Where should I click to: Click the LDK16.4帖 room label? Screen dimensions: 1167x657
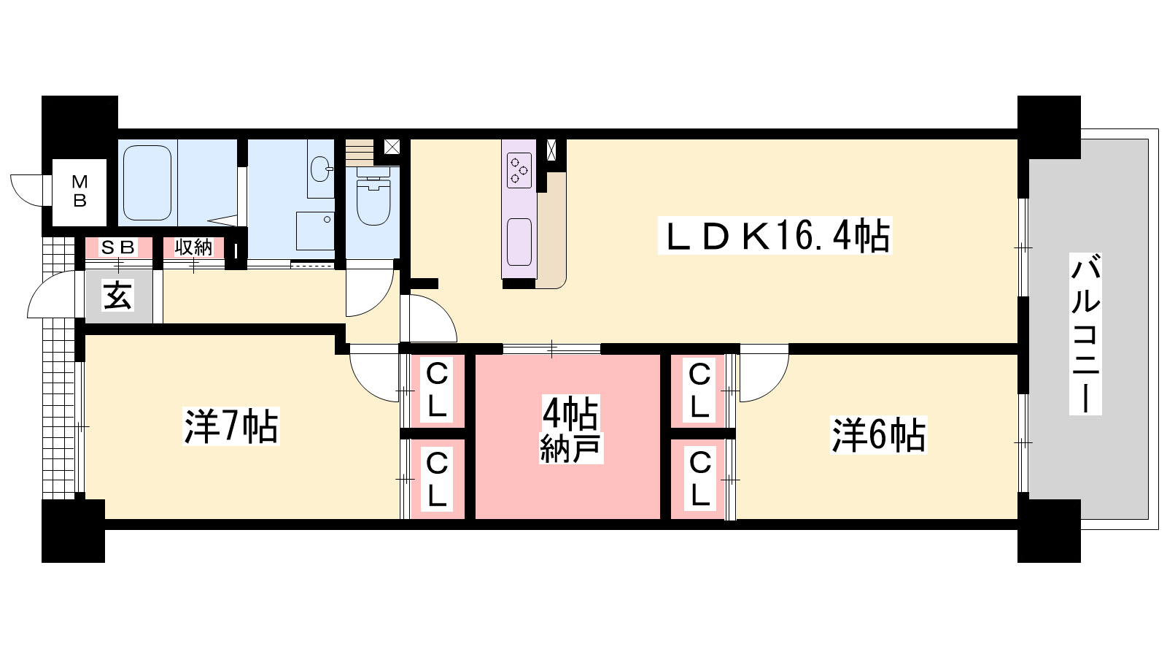(775, 236)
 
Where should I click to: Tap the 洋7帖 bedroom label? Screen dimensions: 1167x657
(230, 426)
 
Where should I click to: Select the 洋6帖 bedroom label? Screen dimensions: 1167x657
(878, 434)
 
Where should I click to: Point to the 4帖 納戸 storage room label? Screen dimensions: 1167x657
(570, 429)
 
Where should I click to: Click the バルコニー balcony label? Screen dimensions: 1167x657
(1085, 334)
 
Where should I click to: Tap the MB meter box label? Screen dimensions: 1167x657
(80, 191)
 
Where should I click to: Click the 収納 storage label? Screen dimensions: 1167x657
(193, 247)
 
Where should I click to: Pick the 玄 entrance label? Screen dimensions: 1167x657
(117, 296)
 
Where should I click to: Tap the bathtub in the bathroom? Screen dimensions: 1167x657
(147, 182)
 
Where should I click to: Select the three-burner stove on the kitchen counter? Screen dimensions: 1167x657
(519, 170)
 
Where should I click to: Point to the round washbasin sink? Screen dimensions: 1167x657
(320, 169)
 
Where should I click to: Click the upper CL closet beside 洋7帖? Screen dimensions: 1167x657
(437, 390)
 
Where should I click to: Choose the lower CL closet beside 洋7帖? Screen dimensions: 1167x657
(437, 479)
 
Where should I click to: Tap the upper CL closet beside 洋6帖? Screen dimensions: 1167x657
(699, 390)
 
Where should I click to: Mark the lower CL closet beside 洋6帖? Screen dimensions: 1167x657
(699, 479)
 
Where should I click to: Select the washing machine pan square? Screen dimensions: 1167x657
(315, 231)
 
